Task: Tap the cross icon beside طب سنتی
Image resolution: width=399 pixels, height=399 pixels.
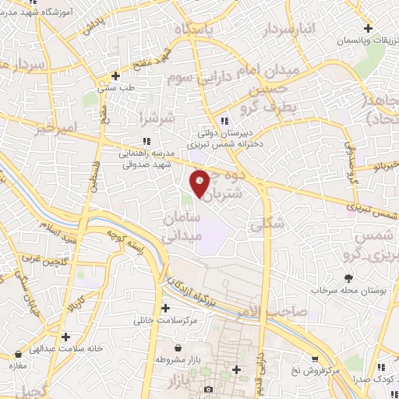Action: click(x=115, y=76)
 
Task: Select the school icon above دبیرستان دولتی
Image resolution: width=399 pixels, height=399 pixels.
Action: click(x=224, y=121)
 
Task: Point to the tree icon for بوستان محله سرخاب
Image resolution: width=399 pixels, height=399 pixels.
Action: click(x=348, y=277)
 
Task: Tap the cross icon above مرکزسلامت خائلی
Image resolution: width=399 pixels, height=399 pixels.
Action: click(x=164, y=308)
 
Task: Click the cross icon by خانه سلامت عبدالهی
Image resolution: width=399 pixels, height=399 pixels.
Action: click(x=63, y=337)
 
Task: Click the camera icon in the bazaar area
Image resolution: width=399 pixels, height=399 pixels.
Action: click(x=207, y=389)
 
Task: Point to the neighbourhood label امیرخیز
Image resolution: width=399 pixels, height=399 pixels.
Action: click(x=56, y=127)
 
